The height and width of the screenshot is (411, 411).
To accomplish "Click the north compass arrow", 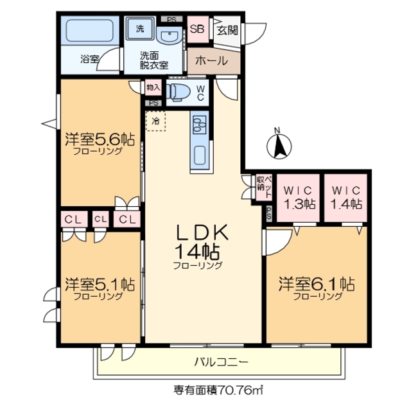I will point(279,144).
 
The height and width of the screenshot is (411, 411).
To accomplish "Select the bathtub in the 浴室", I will point(89,31).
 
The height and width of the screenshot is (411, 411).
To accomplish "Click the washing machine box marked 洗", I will point(139,28).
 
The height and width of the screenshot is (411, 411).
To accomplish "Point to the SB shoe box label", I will point(197,30).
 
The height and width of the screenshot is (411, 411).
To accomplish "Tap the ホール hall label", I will point(210,61).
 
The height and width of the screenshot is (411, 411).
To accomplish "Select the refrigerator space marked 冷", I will point(155,120).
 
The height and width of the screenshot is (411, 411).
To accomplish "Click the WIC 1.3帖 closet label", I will point(300,197).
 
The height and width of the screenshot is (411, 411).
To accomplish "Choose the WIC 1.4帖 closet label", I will point(346,197).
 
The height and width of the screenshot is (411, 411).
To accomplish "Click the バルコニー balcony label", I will point(220,363).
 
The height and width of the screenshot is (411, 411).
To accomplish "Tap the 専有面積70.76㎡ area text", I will point(219,389).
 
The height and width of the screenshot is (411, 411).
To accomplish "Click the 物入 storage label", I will point(153,87).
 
